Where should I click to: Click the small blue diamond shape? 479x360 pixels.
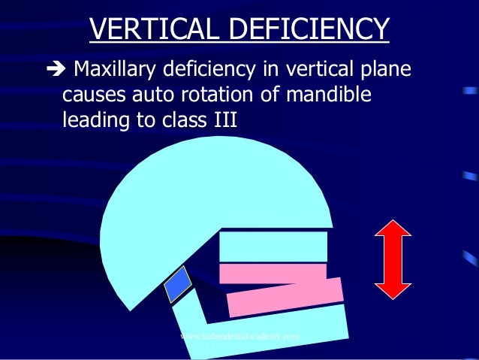point(179,285)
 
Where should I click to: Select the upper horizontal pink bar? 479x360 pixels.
point(273,273)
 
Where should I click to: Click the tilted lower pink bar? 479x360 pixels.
point(286,298)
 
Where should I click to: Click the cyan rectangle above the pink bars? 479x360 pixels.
point(273,246)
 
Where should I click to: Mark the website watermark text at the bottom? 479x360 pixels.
point(240,337)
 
